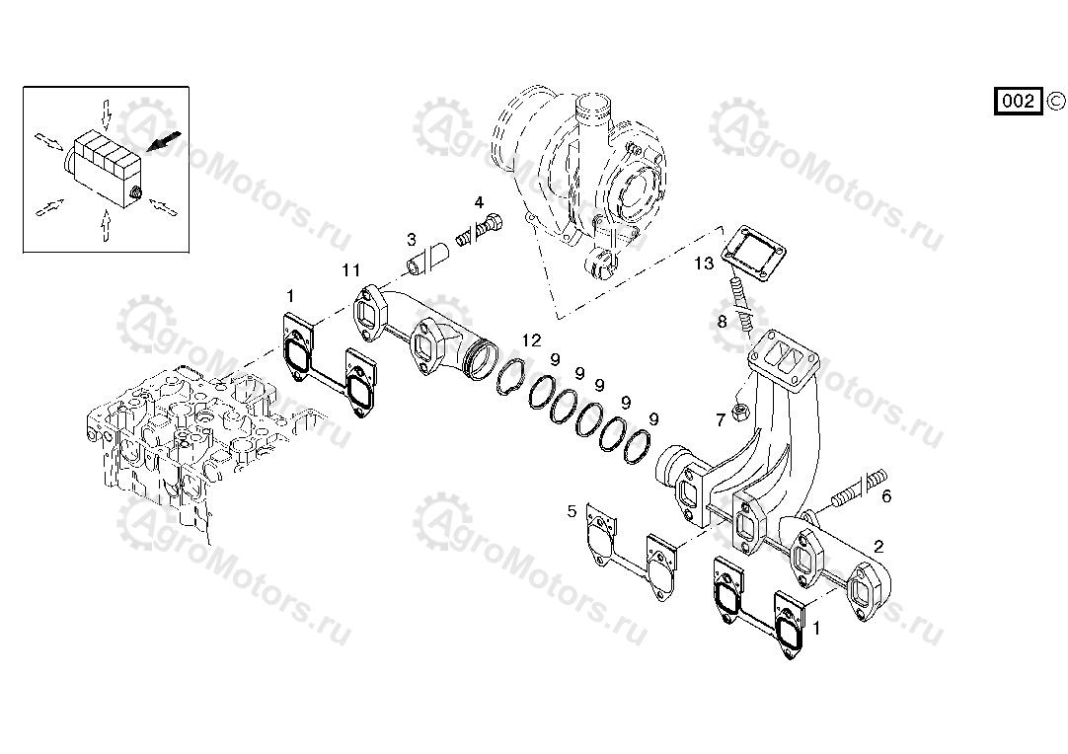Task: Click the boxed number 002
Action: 1019,102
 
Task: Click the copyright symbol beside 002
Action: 1055,101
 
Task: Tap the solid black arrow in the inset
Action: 165,141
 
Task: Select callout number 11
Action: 350,270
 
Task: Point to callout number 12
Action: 531,339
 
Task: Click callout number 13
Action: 704,263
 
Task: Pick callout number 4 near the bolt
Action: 479,202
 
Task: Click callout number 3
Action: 412,239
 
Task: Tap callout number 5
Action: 572,510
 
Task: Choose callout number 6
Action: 886,496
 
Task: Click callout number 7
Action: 721,420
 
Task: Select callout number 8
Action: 722,321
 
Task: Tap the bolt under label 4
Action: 480,229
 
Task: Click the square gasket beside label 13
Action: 753,253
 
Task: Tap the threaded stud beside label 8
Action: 740,304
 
